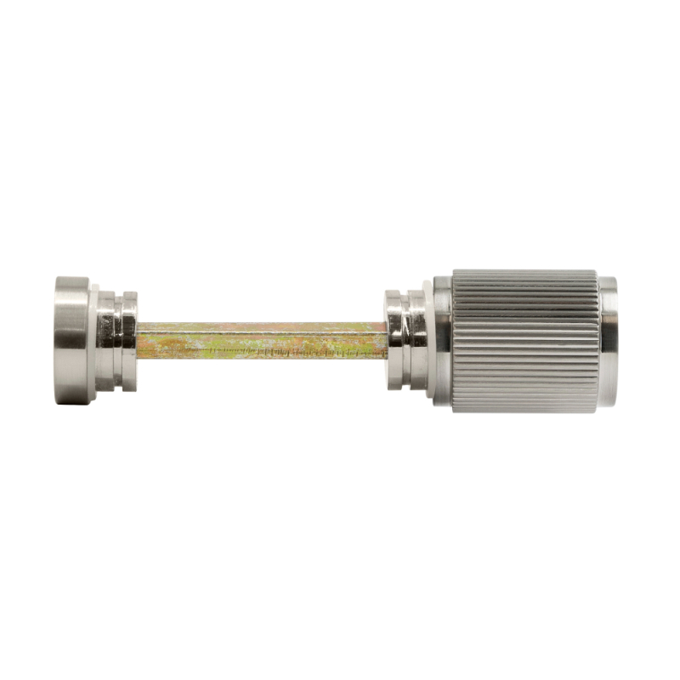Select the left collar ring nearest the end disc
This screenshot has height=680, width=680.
(x=107, y=341)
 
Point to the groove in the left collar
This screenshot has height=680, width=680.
(x=119, y=341)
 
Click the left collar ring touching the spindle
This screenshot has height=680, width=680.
(x=129, y=341)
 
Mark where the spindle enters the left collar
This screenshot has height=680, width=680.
(x=138, y=341)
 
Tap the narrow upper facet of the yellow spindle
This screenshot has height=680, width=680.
(x=255, y=327)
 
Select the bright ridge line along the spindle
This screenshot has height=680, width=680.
(x=255, y=333)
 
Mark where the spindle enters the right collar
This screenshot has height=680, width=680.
(x=386, y=341)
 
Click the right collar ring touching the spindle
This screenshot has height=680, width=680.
(x=394, y=341)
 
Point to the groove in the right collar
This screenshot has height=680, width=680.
(x=405, y=341)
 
